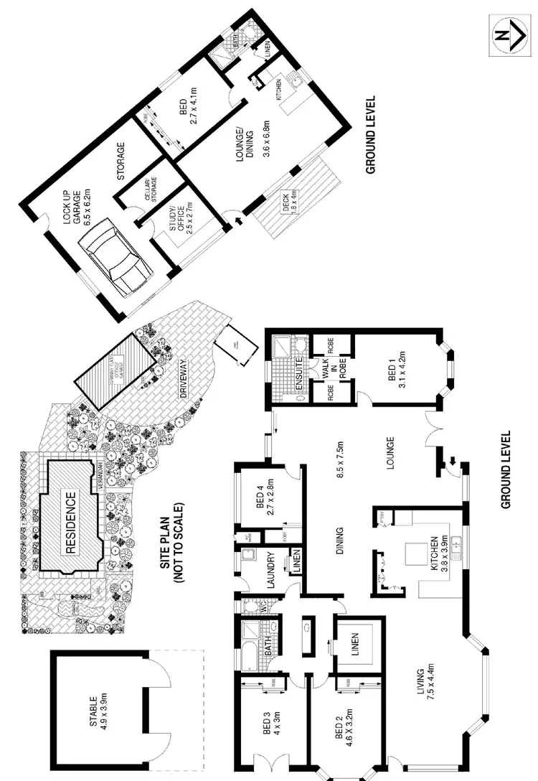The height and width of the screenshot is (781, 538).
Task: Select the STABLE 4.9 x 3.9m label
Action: (x=98, y=711)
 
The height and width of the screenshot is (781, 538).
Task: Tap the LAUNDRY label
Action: (x=271, y=571)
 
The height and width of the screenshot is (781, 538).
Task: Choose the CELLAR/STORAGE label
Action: (x=144, y=186)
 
